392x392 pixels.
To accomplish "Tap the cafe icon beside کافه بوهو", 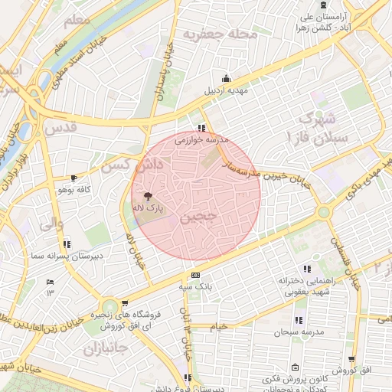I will (73, 178).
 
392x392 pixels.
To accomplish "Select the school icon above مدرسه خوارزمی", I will (201, 129).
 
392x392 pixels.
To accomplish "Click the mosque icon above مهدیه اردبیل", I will (225, 78).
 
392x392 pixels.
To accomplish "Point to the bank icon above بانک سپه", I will (196, 275).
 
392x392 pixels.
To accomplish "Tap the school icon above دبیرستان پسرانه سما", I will (67, 245).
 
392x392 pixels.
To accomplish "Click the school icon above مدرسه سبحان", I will (298, 320).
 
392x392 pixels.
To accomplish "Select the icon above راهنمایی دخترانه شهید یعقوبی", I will (307, 269).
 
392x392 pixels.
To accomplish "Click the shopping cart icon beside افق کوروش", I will (351, 358).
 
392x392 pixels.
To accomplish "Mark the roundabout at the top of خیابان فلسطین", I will (324, 212).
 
